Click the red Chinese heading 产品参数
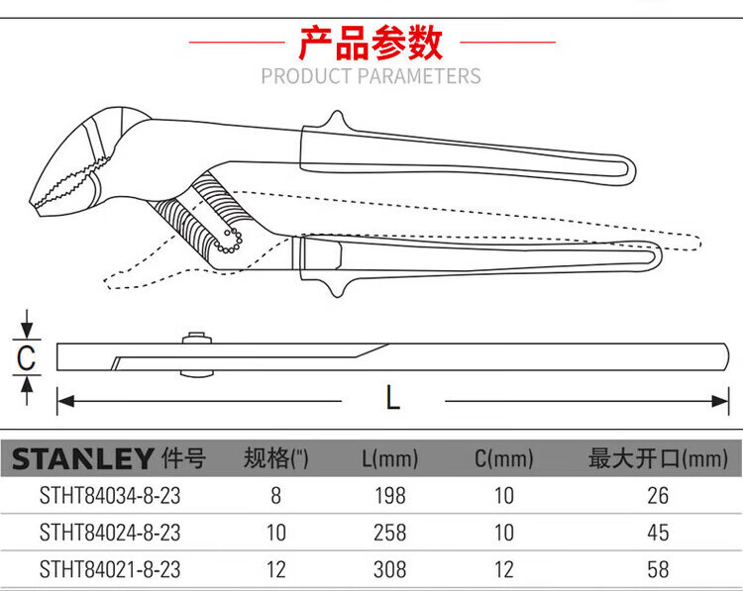(371, 43)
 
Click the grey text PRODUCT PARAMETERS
(371, 76)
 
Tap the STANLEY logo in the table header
(82, 458)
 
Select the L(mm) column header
(390, 458)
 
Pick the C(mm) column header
(504, 458)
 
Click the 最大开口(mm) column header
(658, 458)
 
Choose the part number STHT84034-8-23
(110, 496)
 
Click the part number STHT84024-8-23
(110, 533)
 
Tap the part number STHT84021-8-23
(110, 569)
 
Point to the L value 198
(390, 496)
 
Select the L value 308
(390, 569)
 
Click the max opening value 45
(658, 533)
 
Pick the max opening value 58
(658, 569)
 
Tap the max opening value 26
(658, 496)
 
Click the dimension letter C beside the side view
(26, 357)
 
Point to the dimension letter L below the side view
(393, 397)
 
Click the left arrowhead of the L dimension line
(65, 402)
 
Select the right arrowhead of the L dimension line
(720, 402)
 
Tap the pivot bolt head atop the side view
(196, 338)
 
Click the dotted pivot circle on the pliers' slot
(230, 241)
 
